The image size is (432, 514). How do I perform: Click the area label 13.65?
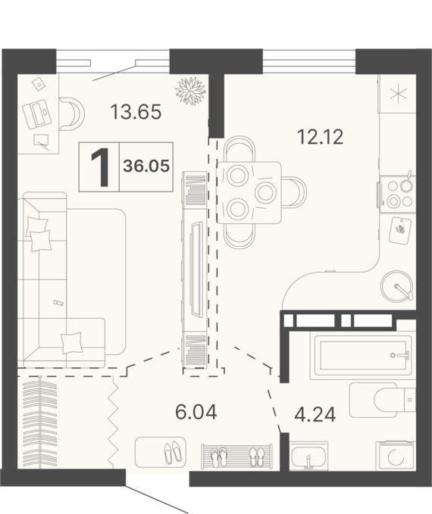[136, 112]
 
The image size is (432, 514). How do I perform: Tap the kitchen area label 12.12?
[320, 137]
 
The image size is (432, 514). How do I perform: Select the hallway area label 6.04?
[196, 412]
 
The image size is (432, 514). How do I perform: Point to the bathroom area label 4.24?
[315, 415]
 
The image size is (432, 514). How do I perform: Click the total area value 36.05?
[146, 167]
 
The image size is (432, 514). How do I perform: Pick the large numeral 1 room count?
[100, 167]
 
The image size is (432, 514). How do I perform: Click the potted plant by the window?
[190, 91]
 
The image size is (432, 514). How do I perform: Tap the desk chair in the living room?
[71, 114]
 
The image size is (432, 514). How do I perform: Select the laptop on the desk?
[36, 114]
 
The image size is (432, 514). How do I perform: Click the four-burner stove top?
[398, 195]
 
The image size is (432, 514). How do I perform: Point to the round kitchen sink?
[397, 286]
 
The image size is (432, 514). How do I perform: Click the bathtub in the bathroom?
[363, 355]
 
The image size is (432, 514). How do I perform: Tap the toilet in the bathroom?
[383, 400]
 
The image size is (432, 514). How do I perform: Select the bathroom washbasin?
[308, 455]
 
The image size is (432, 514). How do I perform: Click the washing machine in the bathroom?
[396, 456]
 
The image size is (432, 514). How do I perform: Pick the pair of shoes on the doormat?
[173, 453]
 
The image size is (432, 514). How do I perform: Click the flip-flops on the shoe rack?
[219, 457]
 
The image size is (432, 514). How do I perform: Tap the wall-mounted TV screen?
[196, 269]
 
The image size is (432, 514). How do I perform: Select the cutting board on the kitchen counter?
[399, 230]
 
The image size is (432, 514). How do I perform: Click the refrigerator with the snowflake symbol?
[398, 95]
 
